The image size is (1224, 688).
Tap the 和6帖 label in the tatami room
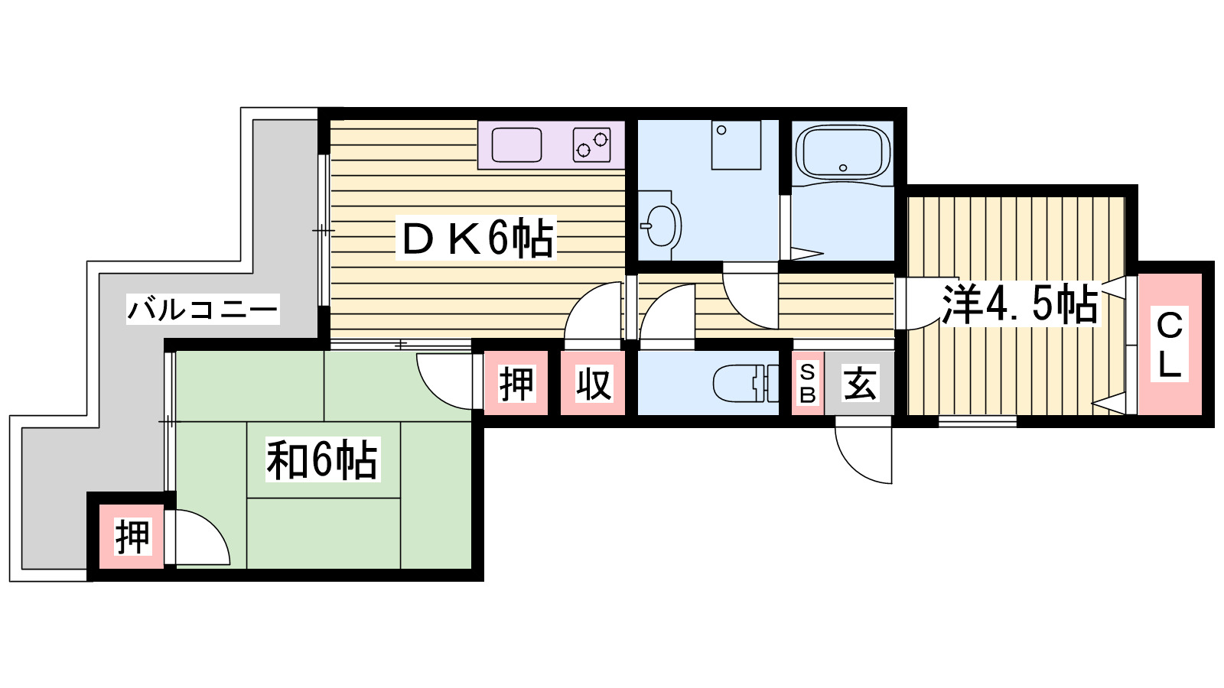click(x=322, y=460)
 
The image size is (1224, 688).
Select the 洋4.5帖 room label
click(x=1020, y=303)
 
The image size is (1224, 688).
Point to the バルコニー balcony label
click(x=203, y=309)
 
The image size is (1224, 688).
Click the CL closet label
click(x=1169, y=345)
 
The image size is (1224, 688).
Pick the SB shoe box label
click(x=807, y=383)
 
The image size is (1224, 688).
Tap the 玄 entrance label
click(x=859, y=383)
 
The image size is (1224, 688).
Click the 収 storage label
click(x=593, y=383)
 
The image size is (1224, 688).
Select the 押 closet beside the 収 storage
click(x=516, y=383)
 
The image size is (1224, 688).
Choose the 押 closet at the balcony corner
click(x=132, y=537)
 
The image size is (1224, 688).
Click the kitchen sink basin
click(x=516, y=144)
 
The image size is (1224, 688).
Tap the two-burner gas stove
click(x=591, y=144)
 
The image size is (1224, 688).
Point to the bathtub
click(x=843, y=153)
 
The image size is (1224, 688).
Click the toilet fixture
click(x=738, y=383)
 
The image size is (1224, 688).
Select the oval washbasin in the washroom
click(x=660, y=225)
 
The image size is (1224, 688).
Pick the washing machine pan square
click(x=736, y=144)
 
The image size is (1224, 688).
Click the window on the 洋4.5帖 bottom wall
click(x=977, y=420)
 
